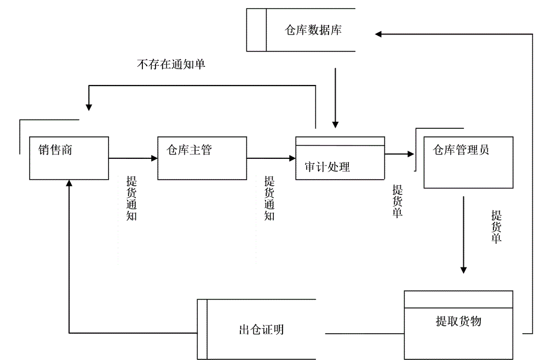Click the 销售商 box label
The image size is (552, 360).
pyautogui.click(x=55, y=150)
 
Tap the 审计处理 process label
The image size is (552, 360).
pyautogui.click(x=327, y=167)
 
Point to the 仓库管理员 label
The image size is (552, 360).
pyautogui.click(x=461, y=150)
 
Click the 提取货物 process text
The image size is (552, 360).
pyautogui.click(x=458, y=321)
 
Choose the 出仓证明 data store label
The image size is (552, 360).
pyautogui.click(x=261, y=329)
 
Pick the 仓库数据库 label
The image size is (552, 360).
pyautogui.click(x=313, y=30)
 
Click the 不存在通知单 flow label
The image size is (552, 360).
pyautogui.click(x=171, y=64)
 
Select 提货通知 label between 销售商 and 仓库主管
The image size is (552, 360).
pyautogui.click(x=131, y=198)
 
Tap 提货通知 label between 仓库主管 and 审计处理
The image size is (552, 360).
pyautogui.click(x=269, y=198)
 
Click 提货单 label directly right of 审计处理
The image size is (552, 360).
pyautogui.click(x=398, y=201)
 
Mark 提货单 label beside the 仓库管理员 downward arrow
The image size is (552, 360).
pyautogui.click(x=496, y=226)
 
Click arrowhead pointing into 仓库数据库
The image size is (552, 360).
pyautogui.click(x=379, y=34)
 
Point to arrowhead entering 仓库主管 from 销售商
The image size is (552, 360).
pyautogui.click(x=154, y=158)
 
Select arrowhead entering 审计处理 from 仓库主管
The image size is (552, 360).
pyautogui.click(x=292, y=158)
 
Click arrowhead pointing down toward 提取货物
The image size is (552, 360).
pyautogui.click(x=463, y=269)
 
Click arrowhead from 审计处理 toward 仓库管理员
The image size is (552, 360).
pyautogui.click(x=411, y=155)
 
